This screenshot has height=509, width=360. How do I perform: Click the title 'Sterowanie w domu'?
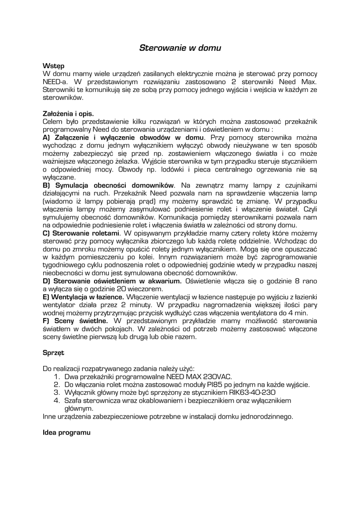[x=180, y=48]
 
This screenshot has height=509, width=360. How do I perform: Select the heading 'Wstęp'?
[x=53, y=66]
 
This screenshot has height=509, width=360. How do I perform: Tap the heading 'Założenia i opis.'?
[x=68, y=113]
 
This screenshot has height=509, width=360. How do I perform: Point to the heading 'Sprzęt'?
[x=54, y=353]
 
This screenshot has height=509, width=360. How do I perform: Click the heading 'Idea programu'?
[x=67, y=433]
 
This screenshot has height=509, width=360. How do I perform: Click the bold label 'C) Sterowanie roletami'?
[x=82, y=233]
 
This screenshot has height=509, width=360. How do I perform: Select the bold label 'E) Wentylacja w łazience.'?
[x=84, y=297]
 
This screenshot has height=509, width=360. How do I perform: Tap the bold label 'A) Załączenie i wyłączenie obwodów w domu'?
[x=123, y=137]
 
